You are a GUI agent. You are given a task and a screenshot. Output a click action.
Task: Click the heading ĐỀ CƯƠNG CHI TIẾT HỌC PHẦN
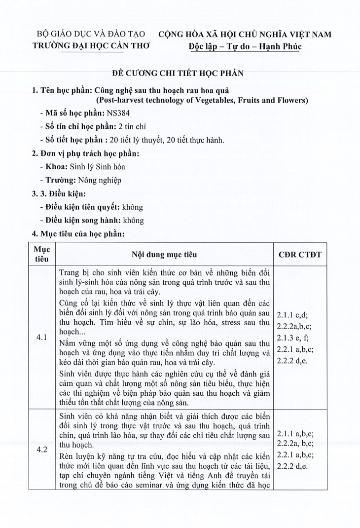(180, 74)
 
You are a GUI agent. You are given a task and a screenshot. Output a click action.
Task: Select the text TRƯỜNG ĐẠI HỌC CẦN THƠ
(91, 46)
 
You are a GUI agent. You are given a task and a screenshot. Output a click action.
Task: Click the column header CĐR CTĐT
(300, 255)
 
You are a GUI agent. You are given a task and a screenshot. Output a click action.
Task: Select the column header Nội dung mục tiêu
(164, 255)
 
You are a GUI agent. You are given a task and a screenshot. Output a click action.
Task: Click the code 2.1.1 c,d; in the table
(292, 314)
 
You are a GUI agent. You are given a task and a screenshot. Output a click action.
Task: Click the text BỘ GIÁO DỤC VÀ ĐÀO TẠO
(91, 35)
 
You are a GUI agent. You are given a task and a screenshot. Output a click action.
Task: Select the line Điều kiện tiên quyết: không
(92, 207)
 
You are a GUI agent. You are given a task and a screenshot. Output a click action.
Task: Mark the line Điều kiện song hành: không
(92, 221)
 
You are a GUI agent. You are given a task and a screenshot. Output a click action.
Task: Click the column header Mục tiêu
(41, 255)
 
